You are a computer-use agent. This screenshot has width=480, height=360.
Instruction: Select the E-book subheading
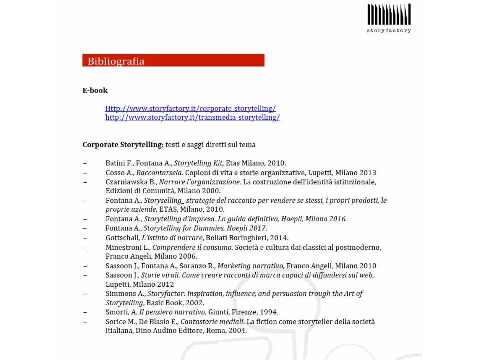95,90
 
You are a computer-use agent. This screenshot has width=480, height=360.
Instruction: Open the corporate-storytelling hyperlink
190,108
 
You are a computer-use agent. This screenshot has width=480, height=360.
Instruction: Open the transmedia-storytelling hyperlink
192,117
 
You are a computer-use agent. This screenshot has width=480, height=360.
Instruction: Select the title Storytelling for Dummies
188,228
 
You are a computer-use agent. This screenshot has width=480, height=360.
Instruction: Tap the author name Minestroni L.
127,247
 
